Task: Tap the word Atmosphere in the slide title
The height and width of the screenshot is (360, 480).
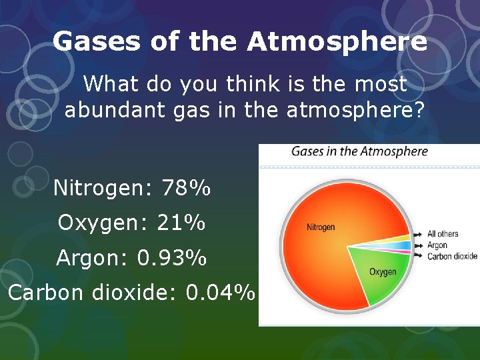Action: [x=337, y=42]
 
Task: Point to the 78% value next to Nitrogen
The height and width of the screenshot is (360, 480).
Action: [x=186, y=189]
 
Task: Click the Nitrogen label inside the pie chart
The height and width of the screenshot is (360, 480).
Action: [x=321, y=227]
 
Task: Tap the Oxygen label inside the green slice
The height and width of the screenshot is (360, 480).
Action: [x=383, y=271]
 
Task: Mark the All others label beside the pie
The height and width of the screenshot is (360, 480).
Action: [x=443, y=234]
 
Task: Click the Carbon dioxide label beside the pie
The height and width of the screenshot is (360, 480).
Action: [x=452, y=256]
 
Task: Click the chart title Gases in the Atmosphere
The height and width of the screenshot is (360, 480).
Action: [x=359, y=151]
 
